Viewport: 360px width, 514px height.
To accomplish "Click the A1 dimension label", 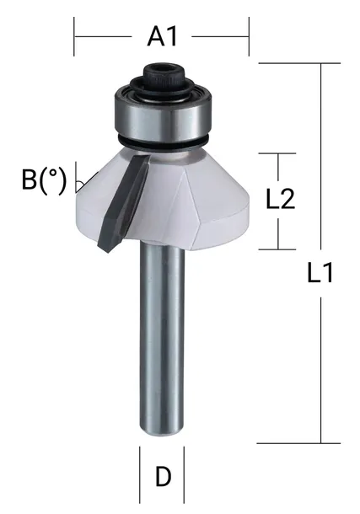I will [162, 36].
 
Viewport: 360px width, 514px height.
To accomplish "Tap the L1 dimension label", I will [320, 273].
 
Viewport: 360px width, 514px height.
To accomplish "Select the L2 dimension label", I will [279, 200].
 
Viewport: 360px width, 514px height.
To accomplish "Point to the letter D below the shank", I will [163, 478].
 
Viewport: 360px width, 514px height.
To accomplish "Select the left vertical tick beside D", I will [140, 476].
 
